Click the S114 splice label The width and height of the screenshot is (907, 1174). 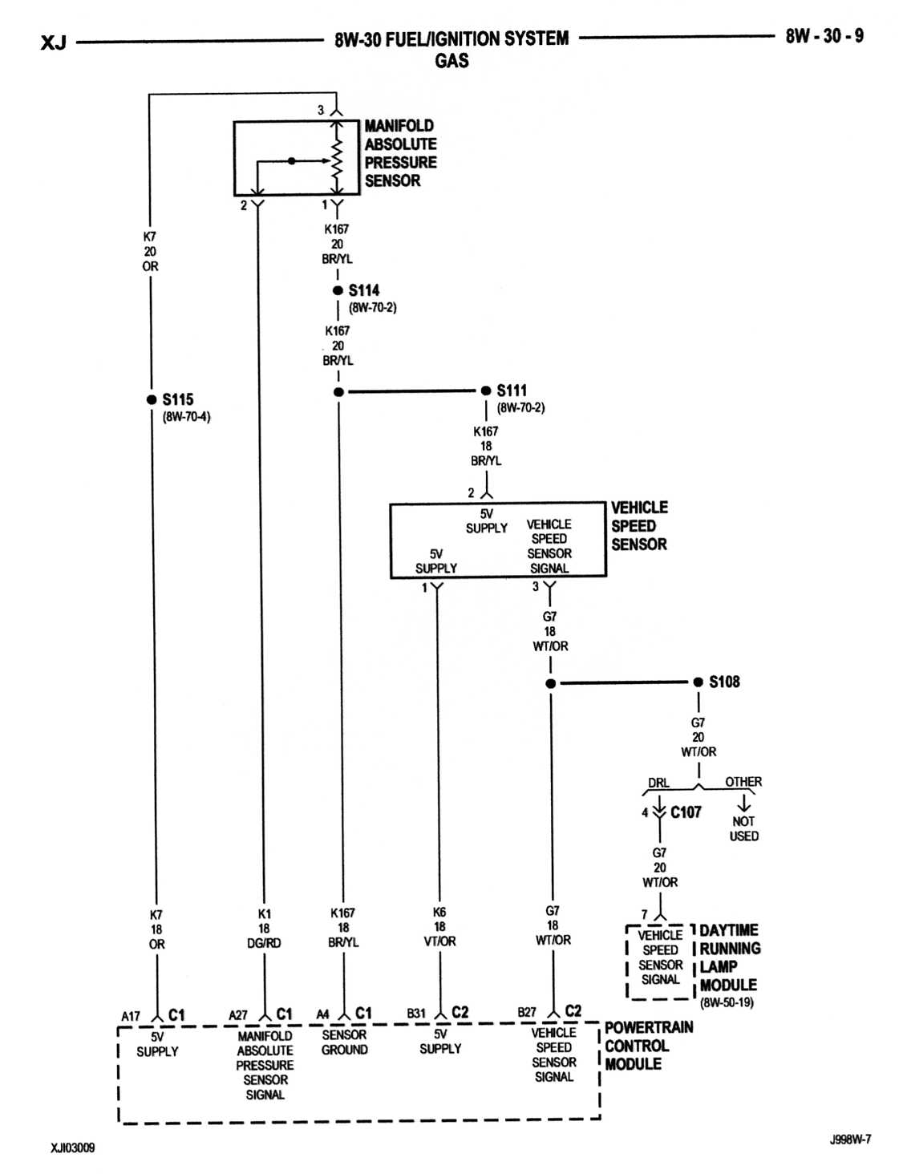(363, 290)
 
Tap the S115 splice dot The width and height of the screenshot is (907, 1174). (152, 399)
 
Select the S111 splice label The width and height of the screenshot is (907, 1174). (512, 390)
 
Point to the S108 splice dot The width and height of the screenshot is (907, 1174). (698, 682)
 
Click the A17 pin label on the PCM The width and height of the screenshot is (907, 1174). (130, 1016)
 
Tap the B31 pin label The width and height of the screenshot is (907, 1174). (416, 1013)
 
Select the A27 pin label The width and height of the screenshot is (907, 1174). (238, 1015)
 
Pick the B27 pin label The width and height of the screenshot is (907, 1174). (527, 1012)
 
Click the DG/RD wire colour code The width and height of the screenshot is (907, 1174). (264, 943)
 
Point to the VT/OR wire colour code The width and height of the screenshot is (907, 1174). (439, 941)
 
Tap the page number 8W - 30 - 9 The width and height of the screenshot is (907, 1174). (824, 36)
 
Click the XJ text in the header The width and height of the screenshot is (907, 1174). (54, 43)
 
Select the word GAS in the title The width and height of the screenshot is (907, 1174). (451, 60)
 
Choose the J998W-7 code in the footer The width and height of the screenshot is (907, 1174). (850, 1140)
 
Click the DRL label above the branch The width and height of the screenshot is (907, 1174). (658, 783)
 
